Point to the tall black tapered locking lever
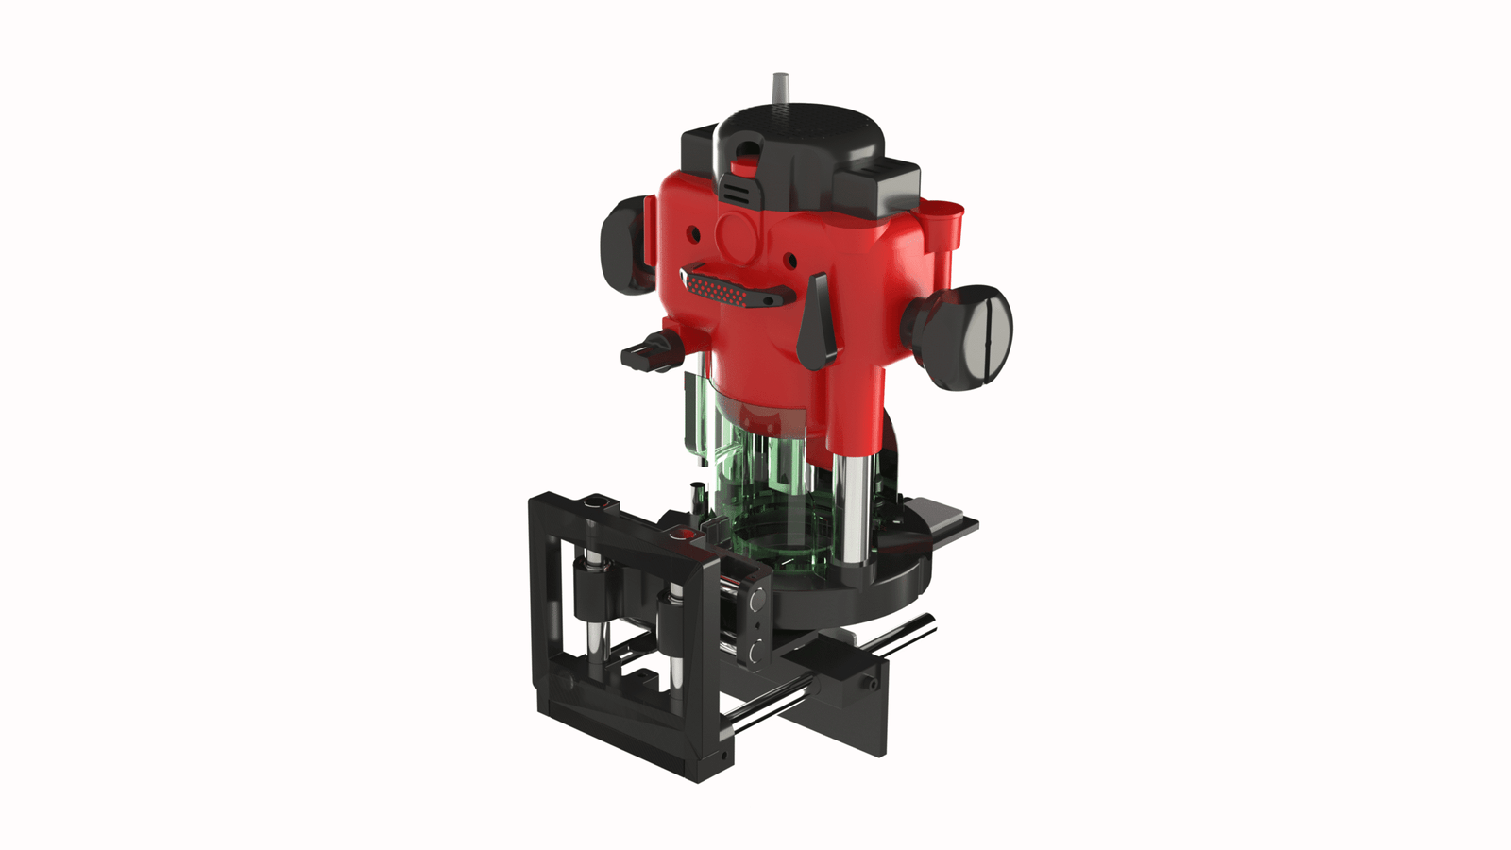pyautogui.click(x=816, y=321)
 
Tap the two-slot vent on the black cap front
pyautogui.click(x=739, y=192)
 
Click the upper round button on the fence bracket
pyautogui.click(x=755, y=601)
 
